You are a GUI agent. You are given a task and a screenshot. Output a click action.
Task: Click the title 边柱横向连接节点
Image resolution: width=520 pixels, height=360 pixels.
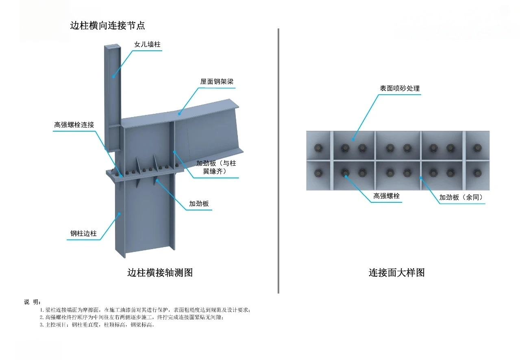click(x=107, y=26)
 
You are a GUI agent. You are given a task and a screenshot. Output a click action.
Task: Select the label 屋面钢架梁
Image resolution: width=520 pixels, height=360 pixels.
click(x=217, y=82)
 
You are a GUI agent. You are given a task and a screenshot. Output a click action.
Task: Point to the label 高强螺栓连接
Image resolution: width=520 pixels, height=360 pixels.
click(x=74, y=125)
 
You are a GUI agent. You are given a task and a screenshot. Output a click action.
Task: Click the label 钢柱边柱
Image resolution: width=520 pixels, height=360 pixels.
click(x=83, y=233)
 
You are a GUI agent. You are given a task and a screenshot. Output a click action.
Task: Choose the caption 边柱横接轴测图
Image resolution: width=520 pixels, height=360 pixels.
click(x=160, y=273)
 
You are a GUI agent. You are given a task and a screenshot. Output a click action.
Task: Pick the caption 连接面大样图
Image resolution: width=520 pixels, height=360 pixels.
click(x=396, y=273)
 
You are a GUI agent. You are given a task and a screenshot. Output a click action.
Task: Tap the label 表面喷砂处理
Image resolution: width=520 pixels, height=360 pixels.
click(x=399, y=88)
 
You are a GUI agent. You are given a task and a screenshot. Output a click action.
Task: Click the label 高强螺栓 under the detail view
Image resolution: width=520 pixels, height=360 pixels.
click(x=387, y=196)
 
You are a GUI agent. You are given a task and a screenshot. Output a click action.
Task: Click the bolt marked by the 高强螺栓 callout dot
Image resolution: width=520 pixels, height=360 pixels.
click(x=346, y=173)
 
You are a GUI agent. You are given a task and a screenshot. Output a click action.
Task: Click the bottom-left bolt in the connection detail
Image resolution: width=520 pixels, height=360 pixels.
click(x=318, y=173)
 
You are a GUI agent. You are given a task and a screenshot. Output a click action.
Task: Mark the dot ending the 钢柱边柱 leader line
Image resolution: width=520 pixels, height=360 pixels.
click(x=119, y=213)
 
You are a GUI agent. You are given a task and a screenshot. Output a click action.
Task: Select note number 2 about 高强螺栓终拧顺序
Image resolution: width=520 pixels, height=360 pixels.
click(x=131, y=317)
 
